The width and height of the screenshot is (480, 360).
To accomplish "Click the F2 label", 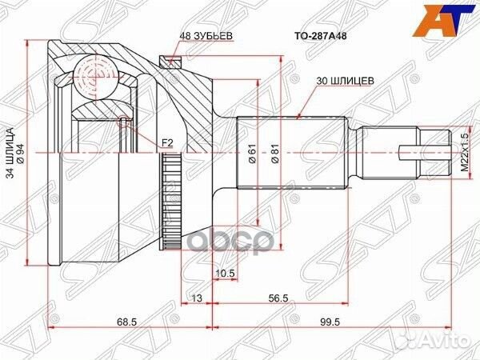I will tap(167, 142).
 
